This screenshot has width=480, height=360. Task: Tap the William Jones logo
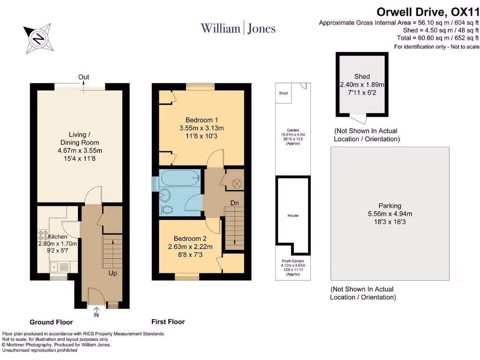[x=238, y=28]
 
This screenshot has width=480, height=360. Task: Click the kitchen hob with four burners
[x=43, y=237]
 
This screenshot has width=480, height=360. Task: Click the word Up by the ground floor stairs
[x=112, y=272]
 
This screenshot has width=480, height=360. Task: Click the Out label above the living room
[x=84, y=77]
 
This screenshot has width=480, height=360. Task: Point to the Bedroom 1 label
[x=202, y=120]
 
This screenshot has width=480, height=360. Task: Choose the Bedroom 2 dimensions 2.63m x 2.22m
[x=190, y=247]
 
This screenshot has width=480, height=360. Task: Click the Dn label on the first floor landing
[x=235, y=203]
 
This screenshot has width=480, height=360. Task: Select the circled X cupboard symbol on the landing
[x=236, y=183]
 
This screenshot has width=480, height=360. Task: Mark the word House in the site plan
[x=292, y=216]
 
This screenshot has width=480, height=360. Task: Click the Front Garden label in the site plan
[x=292, y=261]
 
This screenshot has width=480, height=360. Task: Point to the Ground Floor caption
[x=51, y=322]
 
